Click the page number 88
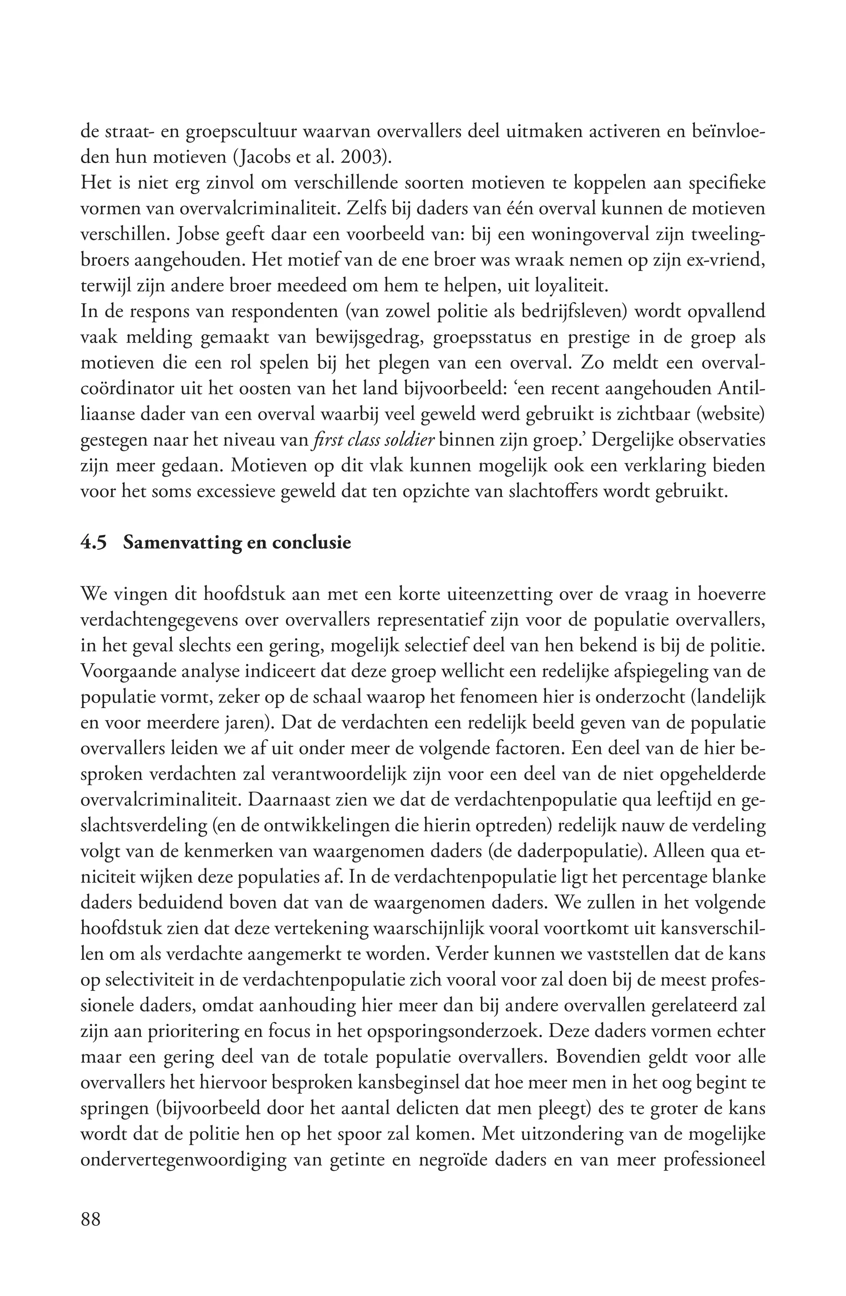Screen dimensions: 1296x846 pyautogui.click(x=91, y=1234)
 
